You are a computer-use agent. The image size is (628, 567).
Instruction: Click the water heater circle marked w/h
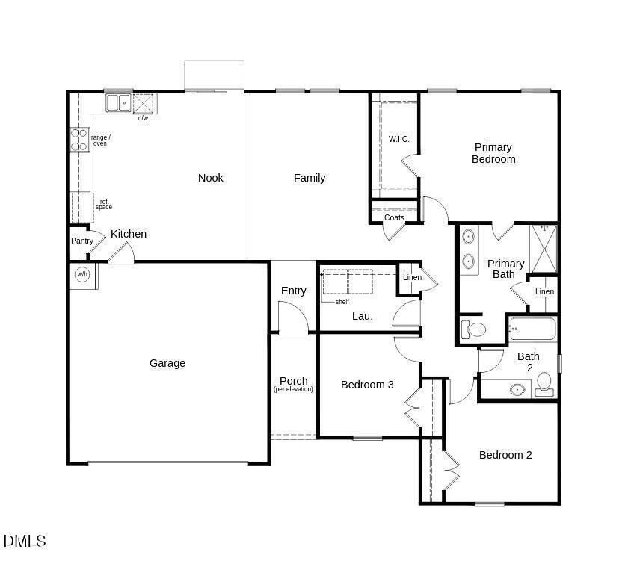pyautogui.click(x=82, y=274)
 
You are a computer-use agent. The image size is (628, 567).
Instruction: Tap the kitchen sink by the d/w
pyautogui.click(x=118, y=103)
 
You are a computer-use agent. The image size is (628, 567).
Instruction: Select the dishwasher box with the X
pyautogui.click(x=143, y=104)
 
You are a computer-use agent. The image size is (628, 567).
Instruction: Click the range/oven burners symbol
pyautogui.click(x=79, y=140)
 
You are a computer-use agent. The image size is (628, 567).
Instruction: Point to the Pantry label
pyautogui.click(x=82, y=241)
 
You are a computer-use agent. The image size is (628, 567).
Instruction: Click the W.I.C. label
pyautogui.click(x=399, y=139)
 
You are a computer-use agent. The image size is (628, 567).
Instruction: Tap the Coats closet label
pyautogui.click(x=394, y=217)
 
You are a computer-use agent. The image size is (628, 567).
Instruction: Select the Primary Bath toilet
pyautogui.click(x=473, y=329)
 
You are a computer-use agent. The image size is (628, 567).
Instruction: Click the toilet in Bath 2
pyautogui.click(x=544, y=385)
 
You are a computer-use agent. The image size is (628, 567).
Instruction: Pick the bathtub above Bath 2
pyautogui.click(x=532, y=329)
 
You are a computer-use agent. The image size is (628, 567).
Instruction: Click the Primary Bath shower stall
pyautogui.click(x=544, y=249)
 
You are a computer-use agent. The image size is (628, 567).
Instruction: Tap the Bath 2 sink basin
pyautogui.click(x=517, y=389)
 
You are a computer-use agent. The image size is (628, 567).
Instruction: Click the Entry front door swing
pyautogui.click(x=294, y=317)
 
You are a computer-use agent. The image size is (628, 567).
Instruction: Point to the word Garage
pyautogui.click(x=167, y=363)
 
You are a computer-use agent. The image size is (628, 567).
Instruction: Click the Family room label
pyautogui.click(x=310, y=178)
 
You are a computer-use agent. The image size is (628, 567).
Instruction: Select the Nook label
pyautogui.click(x=211, y=178)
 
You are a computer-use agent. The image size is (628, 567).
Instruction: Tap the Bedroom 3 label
pyautogui.click(x=367, y=385)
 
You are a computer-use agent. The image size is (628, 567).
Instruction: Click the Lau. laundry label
pyautogui.click(x=363, y=316)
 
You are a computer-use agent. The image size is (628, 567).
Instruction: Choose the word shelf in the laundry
pyautogui.click(x=342, y=302)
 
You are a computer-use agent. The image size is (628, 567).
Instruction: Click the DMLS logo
pyautogui.click(x=25, y=541)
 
